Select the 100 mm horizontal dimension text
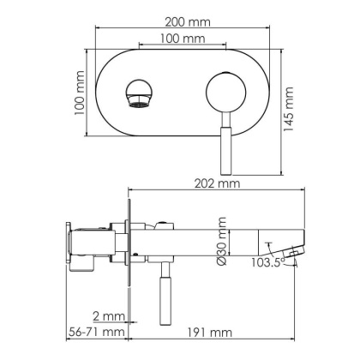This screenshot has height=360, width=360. click(182, 39)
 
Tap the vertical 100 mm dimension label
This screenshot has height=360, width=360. click(79, 95)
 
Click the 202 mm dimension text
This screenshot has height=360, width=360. click(216, 183)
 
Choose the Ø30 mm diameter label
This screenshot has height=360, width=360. click(222, 241)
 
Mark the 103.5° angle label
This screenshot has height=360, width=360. click(268, 264)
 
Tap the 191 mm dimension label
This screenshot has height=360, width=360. click(208, 332)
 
